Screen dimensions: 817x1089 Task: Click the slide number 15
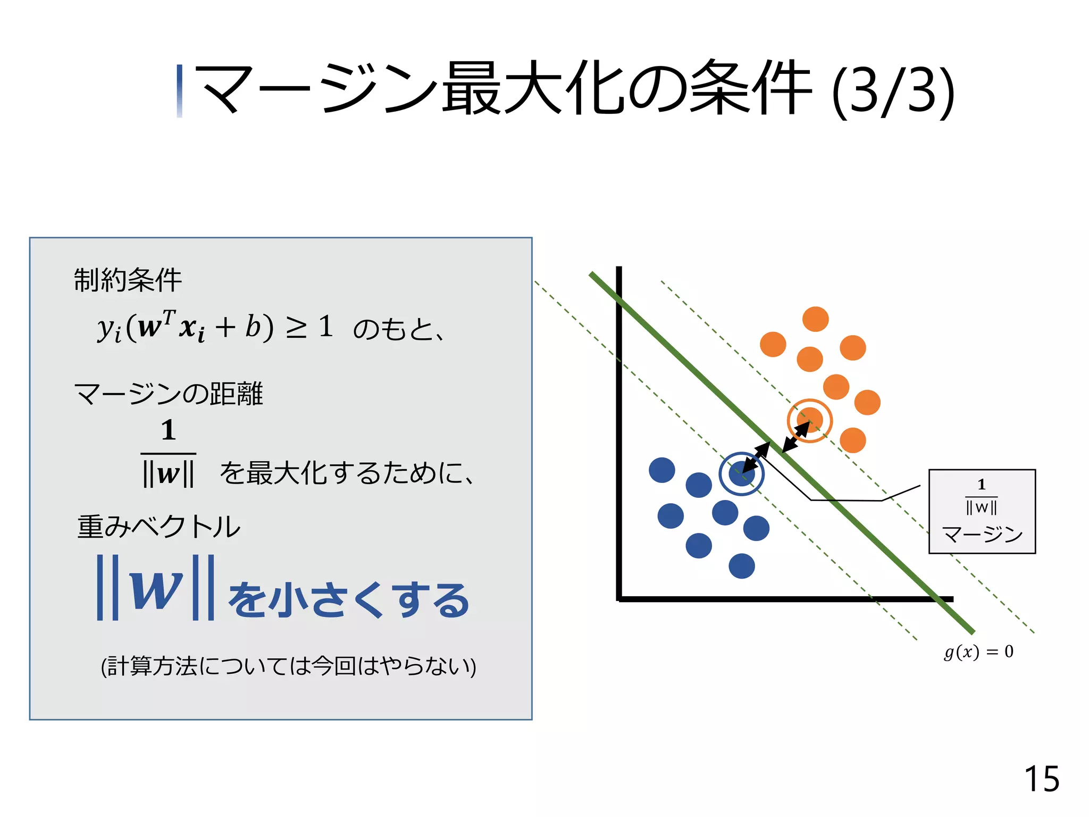point(1041,779)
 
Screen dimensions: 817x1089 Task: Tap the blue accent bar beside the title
point(180,91)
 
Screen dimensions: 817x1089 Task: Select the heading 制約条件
point(128,280)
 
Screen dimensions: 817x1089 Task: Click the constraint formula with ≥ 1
point(215,327)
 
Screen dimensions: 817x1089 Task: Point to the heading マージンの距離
point(168,394)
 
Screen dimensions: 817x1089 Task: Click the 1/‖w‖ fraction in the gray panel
point(168,453)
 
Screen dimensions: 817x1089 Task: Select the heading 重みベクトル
point(158,527)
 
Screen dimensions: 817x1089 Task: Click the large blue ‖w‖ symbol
point(155,587)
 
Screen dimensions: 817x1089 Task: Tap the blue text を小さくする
point(349,599)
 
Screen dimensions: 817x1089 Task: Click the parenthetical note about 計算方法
point(288,666)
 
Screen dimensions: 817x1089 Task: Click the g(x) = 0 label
point(978,652)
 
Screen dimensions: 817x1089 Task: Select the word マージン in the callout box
point(982,534)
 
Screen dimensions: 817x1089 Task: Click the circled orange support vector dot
point(809,420)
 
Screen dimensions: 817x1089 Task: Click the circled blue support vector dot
point(741,473)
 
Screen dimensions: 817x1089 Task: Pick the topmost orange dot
point(815,319)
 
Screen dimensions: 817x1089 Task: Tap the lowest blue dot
point(742,566)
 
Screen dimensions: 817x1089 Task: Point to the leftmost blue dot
point(662,470)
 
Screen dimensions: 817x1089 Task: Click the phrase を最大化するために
point(346,473)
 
